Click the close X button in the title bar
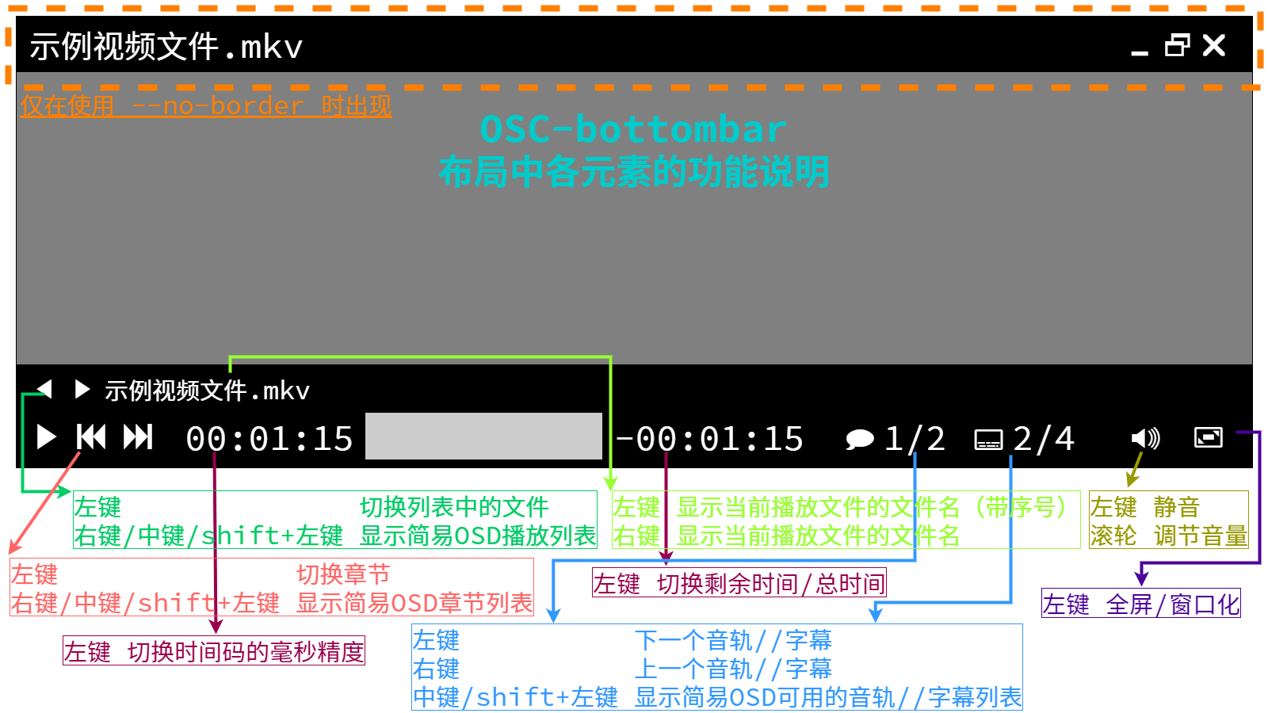click(1214, 45)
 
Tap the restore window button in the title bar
click(1177, 45)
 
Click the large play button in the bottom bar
click(47, 437)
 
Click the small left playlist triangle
click(44, 389)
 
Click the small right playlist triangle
click(82, 389)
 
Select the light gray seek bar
click(483, 436)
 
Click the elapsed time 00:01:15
click(269, 439)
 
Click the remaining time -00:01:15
click(709, 439)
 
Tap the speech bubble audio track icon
click(860, 439)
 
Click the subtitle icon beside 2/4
click(988, 440)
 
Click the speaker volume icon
click(1146, 438)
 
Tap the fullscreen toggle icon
click(1209, 437)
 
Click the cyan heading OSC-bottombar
click(633, 129)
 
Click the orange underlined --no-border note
click(206, 106)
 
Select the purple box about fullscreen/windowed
click(1141, 603)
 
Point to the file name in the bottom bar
click(207, 391)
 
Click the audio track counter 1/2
click(915, 439)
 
